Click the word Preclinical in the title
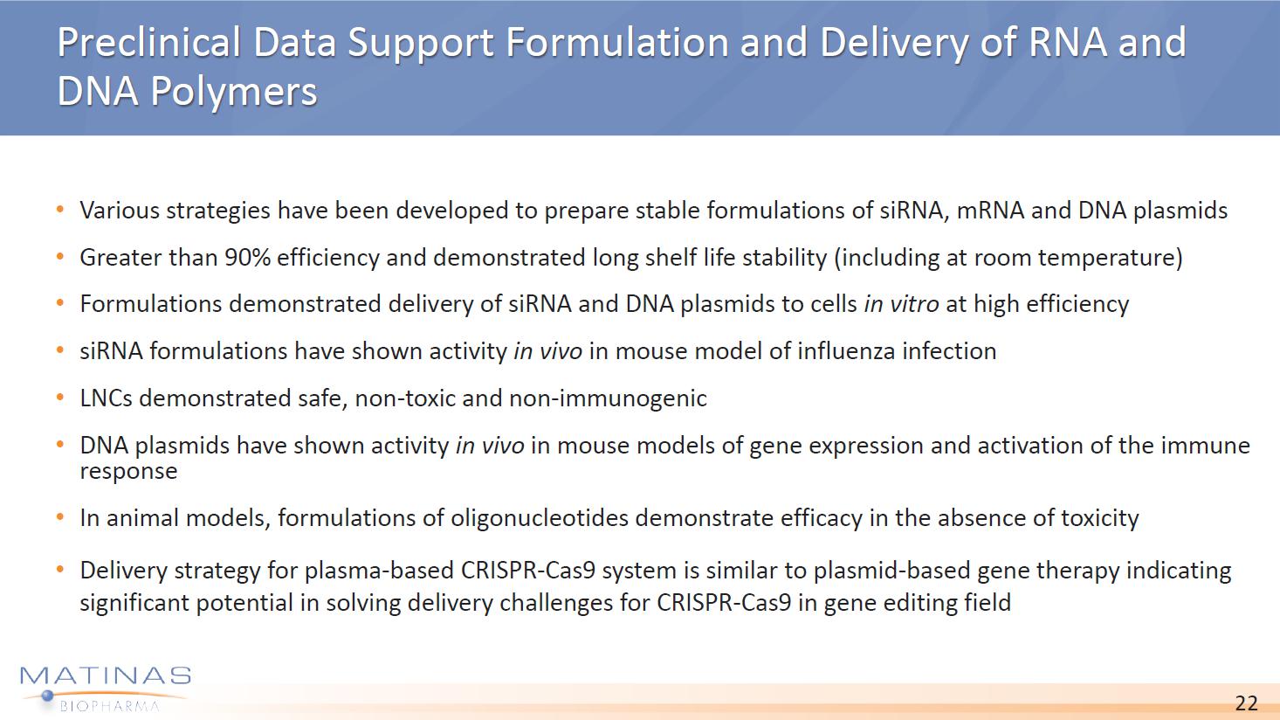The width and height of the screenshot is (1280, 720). [x=149, y=42]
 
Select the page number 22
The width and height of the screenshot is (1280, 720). [x=1246, y=703]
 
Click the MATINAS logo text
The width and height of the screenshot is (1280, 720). [x=106, y=676]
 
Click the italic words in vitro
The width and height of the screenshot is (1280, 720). [x=901, y=304]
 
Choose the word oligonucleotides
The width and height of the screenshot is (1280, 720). [x=540, y=518]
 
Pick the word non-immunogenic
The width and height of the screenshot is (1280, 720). [x=608, y=398]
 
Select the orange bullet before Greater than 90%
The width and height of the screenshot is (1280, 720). [x=60, y=258]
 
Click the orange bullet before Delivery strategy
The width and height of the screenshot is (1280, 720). [x=60, y=571]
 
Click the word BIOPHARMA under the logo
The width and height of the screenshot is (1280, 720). [x=110, y=706]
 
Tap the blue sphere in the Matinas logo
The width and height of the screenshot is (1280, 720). [x=48, y=696]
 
